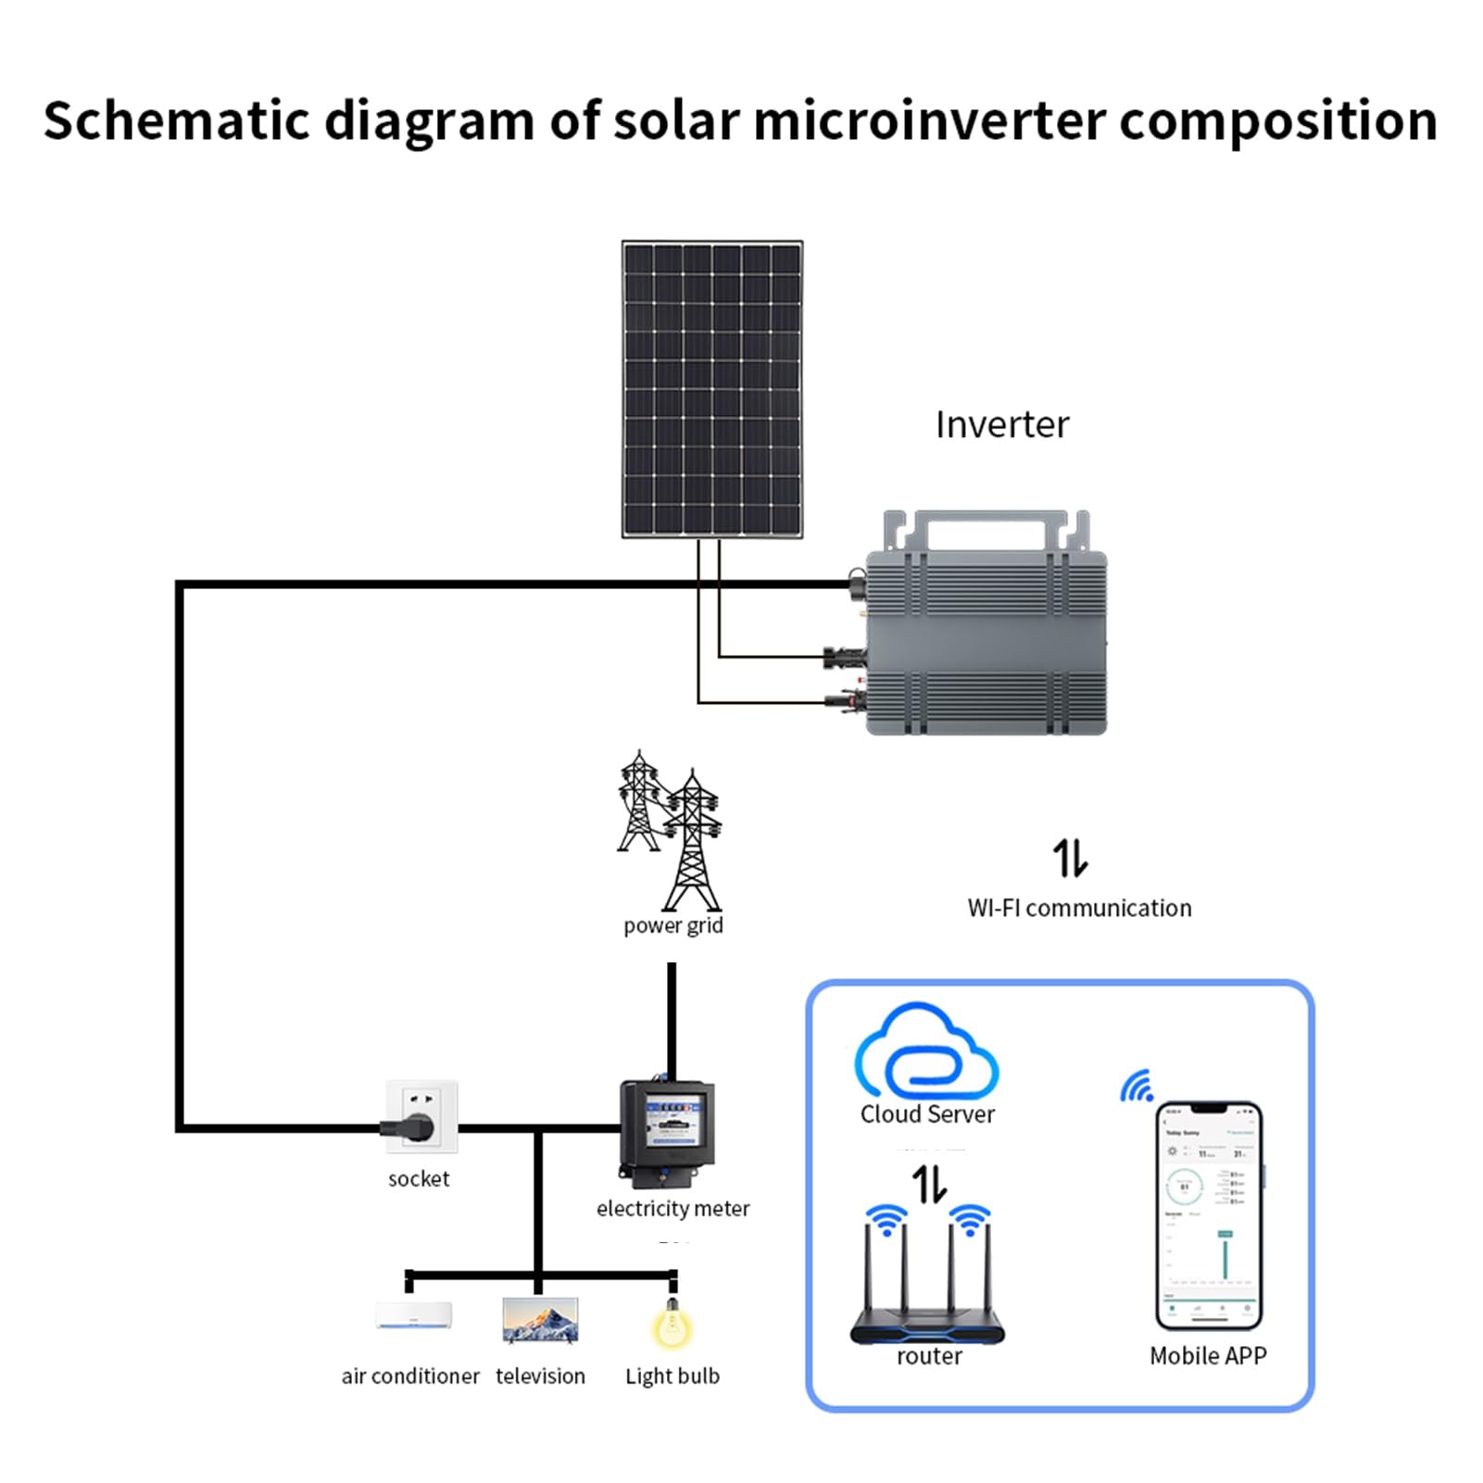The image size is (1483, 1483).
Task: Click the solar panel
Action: click(x=712, y=389)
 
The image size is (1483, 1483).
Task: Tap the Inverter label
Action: click(x=1001, y=425)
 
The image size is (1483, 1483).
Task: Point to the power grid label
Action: click(x=672, y=925)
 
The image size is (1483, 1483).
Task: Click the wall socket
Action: click(x=421, y=1116)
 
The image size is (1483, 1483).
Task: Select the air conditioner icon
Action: click(x=414, y=1315)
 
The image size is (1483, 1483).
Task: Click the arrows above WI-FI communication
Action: click(x=1070, y=858)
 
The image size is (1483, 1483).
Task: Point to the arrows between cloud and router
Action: click(x=929, y=1183)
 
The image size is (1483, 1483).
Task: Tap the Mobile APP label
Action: click(x=1208, y=1356)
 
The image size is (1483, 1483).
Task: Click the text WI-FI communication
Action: click(x=1079, y=908)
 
